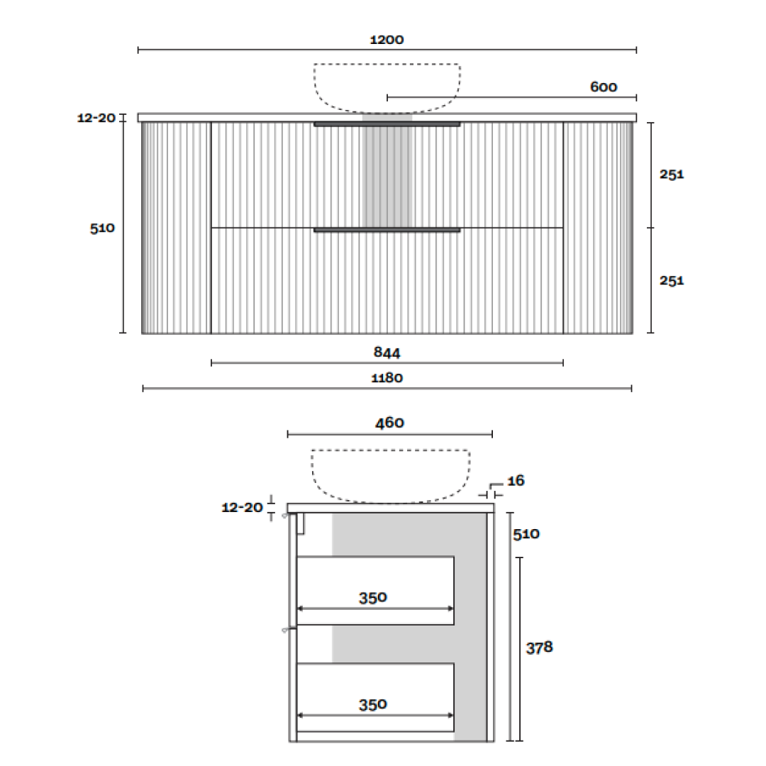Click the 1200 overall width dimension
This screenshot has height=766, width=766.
[387, 40]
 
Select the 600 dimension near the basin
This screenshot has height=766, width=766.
[604, 87]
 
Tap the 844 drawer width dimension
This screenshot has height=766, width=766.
[387, 352]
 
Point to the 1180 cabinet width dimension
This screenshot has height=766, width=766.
[387, 378]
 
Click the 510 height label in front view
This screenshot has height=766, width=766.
[102, 228]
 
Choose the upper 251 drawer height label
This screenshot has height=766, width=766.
[672, 174]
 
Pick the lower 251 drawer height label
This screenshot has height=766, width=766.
[672, 281]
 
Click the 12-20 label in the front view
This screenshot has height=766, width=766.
[96, 118]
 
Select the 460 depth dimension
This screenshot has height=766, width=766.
[389, 423]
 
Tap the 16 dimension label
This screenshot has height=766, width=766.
[516, 481]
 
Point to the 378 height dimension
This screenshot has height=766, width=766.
[539, 648]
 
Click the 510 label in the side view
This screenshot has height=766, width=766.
[526, 534]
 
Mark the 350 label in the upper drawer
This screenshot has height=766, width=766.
[373, 598]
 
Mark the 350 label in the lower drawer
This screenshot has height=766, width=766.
[373, 704]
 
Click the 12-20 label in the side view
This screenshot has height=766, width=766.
[242, 508]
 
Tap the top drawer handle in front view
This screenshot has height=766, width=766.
[387, 125]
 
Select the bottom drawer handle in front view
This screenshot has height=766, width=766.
[387, 231]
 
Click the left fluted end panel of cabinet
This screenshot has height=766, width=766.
[176, 227]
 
